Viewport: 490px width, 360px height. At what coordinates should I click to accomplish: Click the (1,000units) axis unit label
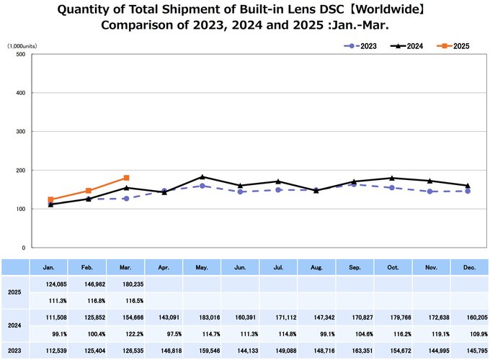(22, 45)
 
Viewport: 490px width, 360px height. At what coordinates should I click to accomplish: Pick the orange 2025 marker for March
(126, 178)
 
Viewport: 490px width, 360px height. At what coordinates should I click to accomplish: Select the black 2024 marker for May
(202, 176)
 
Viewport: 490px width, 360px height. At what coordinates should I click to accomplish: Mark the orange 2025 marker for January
(50, 199)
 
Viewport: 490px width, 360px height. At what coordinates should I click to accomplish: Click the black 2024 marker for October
(391, 178)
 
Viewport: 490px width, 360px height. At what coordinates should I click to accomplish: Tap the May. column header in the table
(202, 266)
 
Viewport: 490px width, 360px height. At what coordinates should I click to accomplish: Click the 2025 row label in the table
(14, 293)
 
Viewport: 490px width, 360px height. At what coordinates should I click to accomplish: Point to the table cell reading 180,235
(127, 287)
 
